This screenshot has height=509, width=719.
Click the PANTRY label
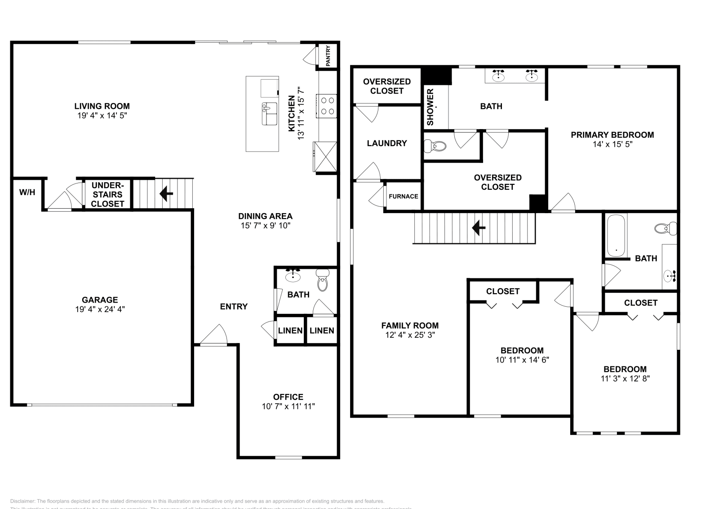tap(328, 56)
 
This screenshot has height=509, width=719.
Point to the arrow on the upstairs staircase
tap(479, 228)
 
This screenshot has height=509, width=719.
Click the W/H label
tap(27, 192)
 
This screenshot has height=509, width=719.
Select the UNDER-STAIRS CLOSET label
tap(107, 195)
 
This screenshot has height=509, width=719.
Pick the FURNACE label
tap(403, 196)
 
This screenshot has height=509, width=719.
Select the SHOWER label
tap(430, 107)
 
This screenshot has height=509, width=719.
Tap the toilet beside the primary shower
tap(435, 146)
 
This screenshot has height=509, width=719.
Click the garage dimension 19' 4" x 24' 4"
tap(100, 309)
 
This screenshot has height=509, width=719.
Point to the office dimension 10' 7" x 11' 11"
tap(288, 406)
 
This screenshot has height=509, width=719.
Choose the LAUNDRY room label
tap(386, 143)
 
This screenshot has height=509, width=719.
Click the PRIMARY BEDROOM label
tap(612, 135)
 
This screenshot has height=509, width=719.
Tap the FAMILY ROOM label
tap(410, 326)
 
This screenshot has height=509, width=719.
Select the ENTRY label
tap(234, 307)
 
